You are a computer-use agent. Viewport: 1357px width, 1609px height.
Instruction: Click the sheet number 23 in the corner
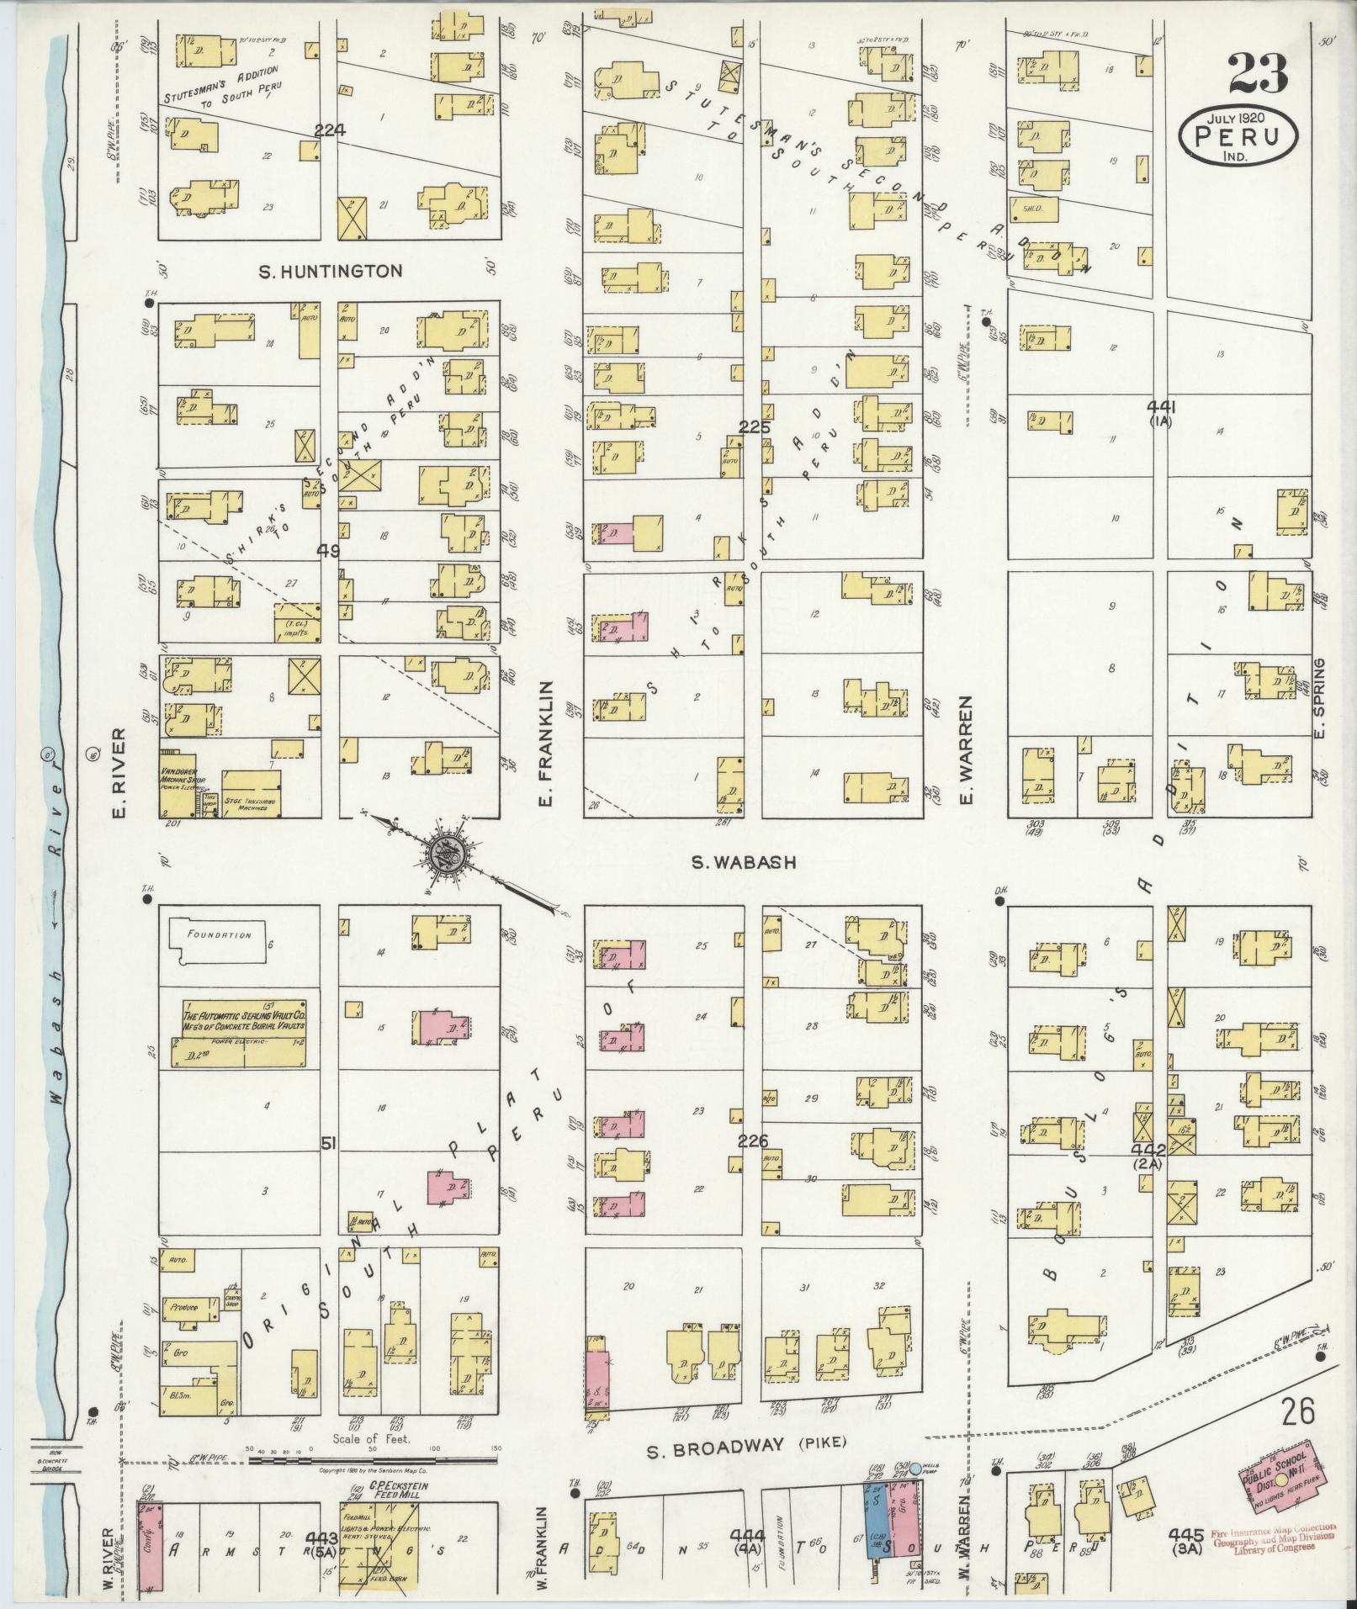[1257, 74]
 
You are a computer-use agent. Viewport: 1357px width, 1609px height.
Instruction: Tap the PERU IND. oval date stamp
[1237, 134]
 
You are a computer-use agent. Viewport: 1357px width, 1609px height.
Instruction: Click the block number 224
[330, 131]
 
